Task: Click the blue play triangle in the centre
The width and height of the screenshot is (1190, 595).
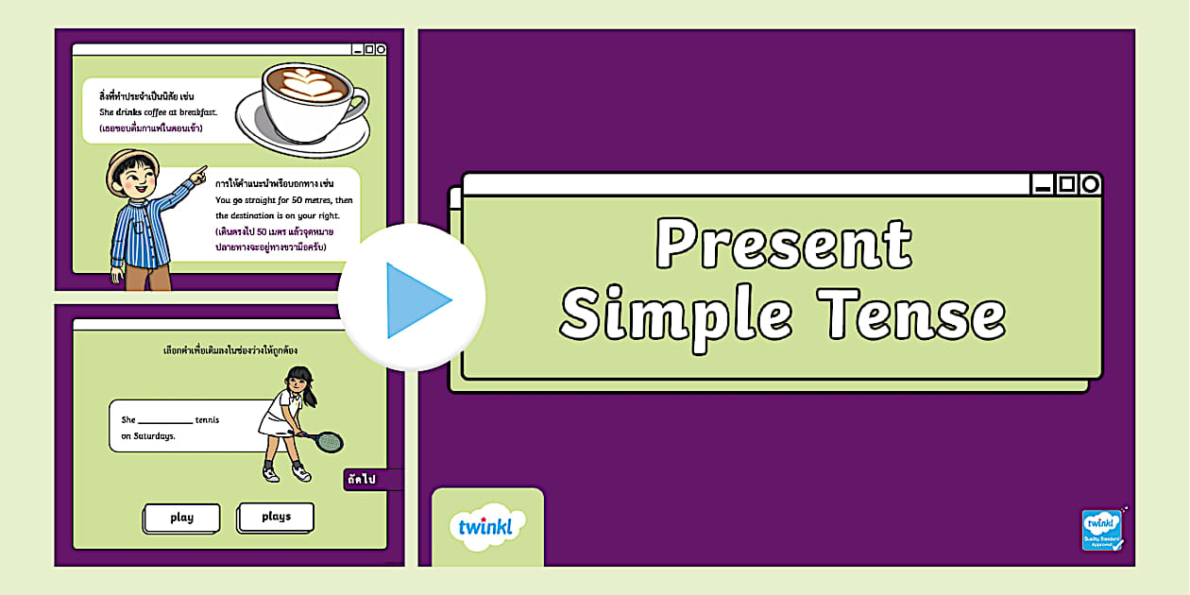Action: [416, 300]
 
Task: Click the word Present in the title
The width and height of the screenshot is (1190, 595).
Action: [783, 245]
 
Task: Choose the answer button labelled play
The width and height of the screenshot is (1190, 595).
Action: [182, 518]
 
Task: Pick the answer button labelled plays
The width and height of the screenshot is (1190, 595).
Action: [276, 517]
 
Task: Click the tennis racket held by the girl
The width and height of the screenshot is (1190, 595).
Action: [328, 441]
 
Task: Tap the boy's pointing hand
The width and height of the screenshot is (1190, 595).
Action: [197, 175]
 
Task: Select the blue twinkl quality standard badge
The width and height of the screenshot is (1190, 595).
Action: [1102, 530]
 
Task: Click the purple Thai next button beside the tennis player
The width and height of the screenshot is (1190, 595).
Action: [364, 480]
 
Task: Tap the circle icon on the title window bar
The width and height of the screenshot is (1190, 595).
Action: [1090, 184]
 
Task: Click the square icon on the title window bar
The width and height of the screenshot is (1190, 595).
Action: [1066, 184]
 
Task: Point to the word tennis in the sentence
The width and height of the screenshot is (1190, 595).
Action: [207, 419]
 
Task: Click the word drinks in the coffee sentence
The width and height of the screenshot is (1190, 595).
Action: [128, 112]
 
